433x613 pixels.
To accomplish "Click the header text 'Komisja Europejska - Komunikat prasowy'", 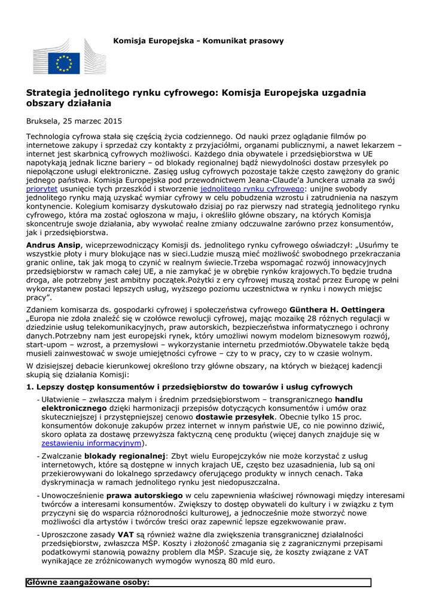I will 199,41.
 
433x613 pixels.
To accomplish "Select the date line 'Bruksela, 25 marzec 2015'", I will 74,121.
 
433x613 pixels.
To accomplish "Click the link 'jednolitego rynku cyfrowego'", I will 252,188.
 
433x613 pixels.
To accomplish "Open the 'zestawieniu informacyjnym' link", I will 91,443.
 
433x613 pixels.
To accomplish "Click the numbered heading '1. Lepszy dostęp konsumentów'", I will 190,387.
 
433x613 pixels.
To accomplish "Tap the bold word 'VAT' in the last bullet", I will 126,534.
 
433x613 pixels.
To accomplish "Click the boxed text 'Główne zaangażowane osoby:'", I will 88,582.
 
